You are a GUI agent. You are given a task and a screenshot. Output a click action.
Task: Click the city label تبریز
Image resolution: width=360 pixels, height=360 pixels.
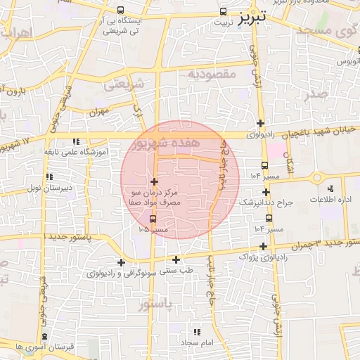pyautogui.click(x=251, y=16)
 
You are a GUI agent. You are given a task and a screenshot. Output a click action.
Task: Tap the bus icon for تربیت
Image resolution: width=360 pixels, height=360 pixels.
pyautogui.click(x=223, y=11)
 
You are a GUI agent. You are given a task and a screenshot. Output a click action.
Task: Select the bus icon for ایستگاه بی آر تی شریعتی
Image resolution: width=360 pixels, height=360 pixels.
pyautogui.click(x=121, y=11)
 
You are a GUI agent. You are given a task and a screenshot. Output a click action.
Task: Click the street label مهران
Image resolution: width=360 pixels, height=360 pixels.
pyautogui.click(x=100, y=111)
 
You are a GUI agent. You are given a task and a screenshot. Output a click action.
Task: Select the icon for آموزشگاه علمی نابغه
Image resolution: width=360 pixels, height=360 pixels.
pyautogui.click(x=77, y=141)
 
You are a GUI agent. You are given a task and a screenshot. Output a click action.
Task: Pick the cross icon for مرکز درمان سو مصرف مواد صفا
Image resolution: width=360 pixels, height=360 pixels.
pyautogui.click(x=154, y=182)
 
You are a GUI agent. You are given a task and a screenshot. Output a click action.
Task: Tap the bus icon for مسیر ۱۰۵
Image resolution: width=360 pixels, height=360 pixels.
pyautogui.click(x=154, y=219)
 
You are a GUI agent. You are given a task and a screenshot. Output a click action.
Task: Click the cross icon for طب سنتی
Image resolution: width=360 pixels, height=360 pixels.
pyautogui.click(x=176, y=260)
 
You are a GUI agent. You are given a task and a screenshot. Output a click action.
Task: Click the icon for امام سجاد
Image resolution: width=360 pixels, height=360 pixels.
pyautogui.click(x=198, y=331)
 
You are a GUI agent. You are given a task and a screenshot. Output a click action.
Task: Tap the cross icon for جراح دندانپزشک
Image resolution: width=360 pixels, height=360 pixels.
pyautogui.click(x=266, y=191)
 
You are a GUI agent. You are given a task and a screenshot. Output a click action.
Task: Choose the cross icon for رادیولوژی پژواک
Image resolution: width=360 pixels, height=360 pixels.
pyautogui.click(x=264, y=246)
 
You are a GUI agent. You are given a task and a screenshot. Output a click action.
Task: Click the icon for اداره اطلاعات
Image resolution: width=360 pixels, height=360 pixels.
pyautogui.click(x=330, y=188)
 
